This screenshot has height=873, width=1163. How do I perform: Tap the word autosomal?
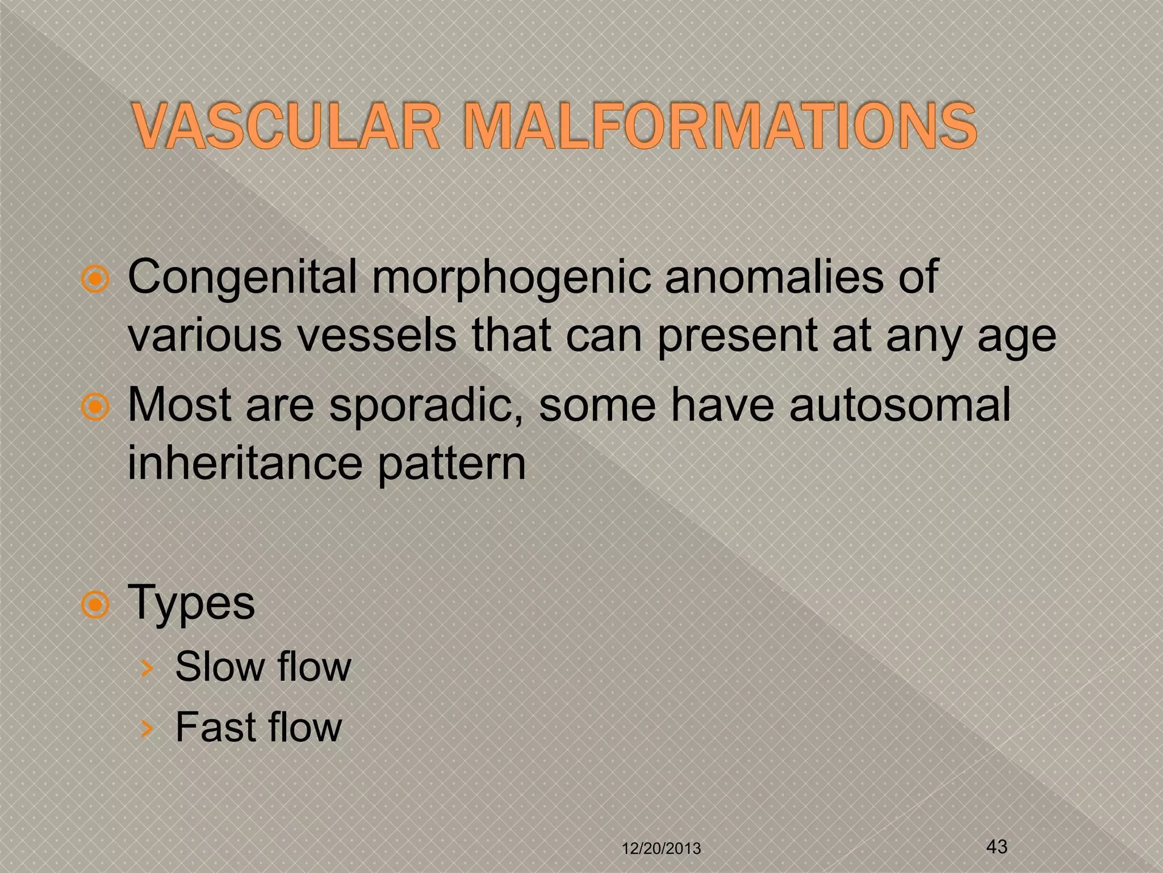[900, 405]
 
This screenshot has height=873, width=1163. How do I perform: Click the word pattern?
[451, 464]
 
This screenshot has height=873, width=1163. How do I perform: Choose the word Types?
[192, 604]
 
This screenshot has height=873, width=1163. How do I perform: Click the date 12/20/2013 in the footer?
[662, 849]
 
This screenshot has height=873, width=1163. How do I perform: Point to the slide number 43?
[997, 846]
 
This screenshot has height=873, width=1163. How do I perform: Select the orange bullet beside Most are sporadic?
[95, 407]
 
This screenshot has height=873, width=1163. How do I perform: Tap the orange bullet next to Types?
[95, 605]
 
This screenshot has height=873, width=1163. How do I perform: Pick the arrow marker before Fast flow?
[147, 729]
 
